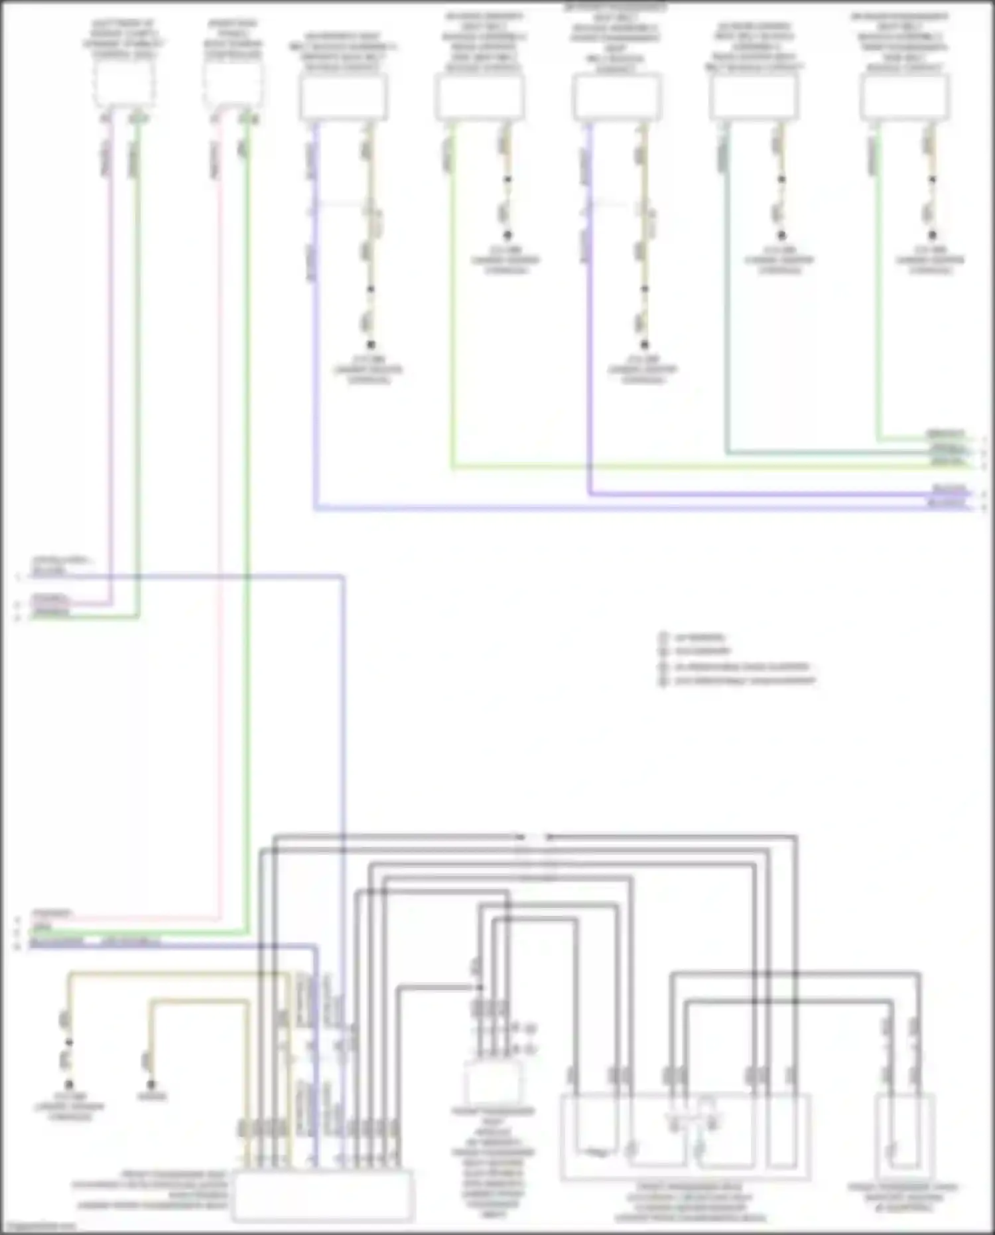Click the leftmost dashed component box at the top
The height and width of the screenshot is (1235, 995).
click(124, 83)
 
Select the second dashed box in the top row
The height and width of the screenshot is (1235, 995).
click(232, 83)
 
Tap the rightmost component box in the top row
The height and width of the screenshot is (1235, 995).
click(904, 97)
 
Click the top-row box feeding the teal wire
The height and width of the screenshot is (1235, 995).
click(754, 97)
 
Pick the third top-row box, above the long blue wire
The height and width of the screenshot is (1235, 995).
click(344, 97)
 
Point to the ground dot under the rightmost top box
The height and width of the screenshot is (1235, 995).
click(932, 235)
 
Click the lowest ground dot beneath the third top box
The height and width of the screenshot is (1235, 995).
click(370, 344)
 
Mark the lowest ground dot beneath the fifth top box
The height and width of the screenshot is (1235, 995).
click(643, 344)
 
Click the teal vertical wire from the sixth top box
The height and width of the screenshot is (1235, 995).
click(728, 299)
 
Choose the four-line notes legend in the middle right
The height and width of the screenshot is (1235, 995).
click(736, 659)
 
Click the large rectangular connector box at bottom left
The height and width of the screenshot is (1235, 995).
click(323, 1195)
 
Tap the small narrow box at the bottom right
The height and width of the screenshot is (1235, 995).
click(905, 1136)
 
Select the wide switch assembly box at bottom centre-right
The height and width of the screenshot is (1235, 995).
click(685, 1137)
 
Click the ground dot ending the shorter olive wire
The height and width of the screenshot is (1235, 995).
click(151, 1084)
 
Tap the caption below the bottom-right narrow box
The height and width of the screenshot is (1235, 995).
click(903, 1197)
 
